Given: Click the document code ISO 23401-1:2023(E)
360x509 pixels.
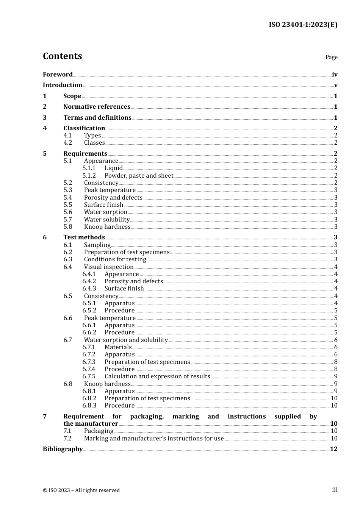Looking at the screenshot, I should [303, 25].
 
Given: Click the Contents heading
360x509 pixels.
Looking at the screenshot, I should [62, 56].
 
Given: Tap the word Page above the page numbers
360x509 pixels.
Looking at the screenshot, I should [331, 57].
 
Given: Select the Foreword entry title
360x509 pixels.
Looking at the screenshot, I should [58, 75].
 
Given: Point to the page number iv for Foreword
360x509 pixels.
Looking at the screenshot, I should [335, 75].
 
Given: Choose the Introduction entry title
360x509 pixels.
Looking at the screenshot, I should [63, 85].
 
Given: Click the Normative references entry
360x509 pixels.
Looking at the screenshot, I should [97, 107].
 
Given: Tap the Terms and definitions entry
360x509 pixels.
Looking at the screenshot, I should [97, 118].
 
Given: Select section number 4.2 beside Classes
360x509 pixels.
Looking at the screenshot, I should [68, 143].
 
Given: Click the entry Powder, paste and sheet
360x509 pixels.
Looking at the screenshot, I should [139, 176].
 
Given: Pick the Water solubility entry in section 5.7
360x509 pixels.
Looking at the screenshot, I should [107, 220].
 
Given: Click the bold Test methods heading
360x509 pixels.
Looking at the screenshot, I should [84, 237].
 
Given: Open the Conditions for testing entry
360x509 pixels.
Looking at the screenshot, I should [115, 259].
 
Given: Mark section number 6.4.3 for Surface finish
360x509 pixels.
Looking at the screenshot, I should [89, 289].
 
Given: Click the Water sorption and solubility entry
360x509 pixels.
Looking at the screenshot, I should [126, 340].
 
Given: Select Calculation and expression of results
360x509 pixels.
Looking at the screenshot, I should [157, 376].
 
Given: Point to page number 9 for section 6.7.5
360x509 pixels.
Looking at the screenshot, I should [336, 376].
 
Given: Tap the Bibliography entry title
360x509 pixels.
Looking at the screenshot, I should [63, 449].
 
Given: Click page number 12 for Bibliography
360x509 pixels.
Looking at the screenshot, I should [333, 449].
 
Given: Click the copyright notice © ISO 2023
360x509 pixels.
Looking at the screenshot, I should [81, 490].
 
